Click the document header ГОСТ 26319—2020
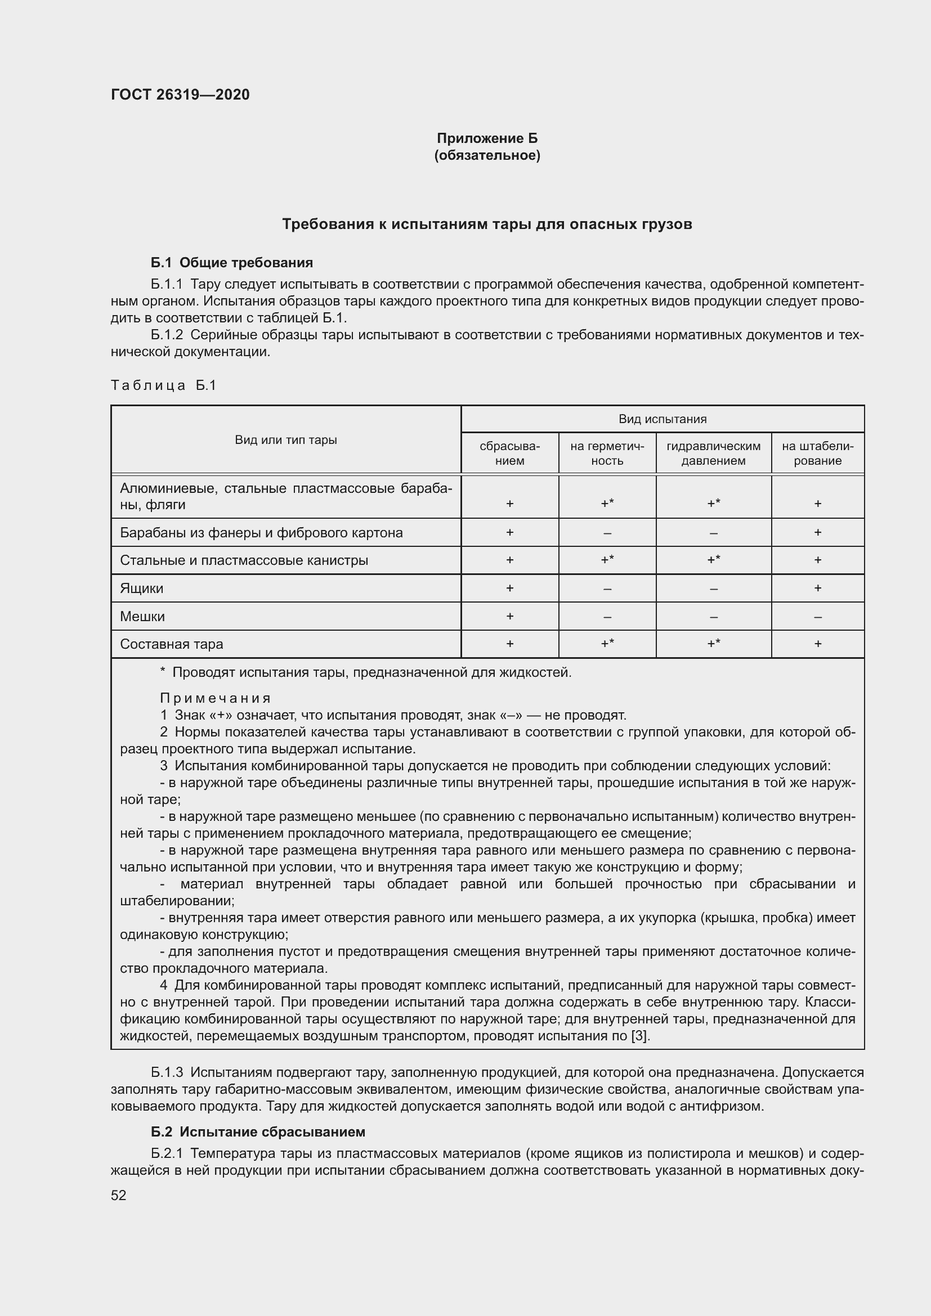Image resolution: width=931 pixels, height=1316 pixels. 180,95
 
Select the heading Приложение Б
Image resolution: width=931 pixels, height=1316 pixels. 487,138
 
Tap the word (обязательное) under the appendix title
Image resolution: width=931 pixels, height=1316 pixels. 487,155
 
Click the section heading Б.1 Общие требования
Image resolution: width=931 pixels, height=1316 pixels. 231,263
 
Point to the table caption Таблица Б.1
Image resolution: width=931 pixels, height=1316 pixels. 163,385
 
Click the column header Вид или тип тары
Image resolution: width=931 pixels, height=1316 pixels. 285,439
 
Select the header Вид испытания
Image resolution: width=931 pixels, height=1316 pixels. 662,419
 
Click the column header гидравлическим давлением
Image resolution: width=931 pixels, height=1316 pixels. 713,453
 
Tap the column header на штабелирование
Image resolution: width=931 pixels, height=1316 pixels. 817,453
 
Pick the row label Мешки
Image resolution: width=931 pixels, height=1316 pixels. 142,616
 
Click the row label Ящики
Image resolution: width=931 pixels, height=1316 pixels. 142,588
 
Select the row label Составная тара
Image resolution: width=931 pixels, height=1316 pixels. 172,644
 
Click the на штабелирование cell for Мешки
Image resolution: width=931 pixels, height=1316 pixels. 817,617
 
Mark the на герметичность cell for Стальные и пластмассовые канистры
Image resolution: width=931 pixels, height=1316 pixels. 607,560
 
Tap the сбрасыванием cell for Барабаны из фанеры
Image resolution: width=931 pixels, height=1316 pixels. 509,532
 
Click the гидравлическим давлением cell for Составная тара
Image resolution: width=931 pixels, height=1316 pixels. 713,644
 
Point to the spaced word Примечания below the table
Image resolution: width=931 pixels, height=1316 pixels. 215,698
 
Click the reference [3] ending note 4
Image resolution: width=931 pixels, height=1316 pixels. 640,1036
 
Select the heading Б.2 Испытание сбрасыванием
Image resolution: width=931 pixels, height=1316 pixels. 258,1131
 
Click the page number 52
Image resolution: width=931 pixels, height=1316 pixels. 119,1195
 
